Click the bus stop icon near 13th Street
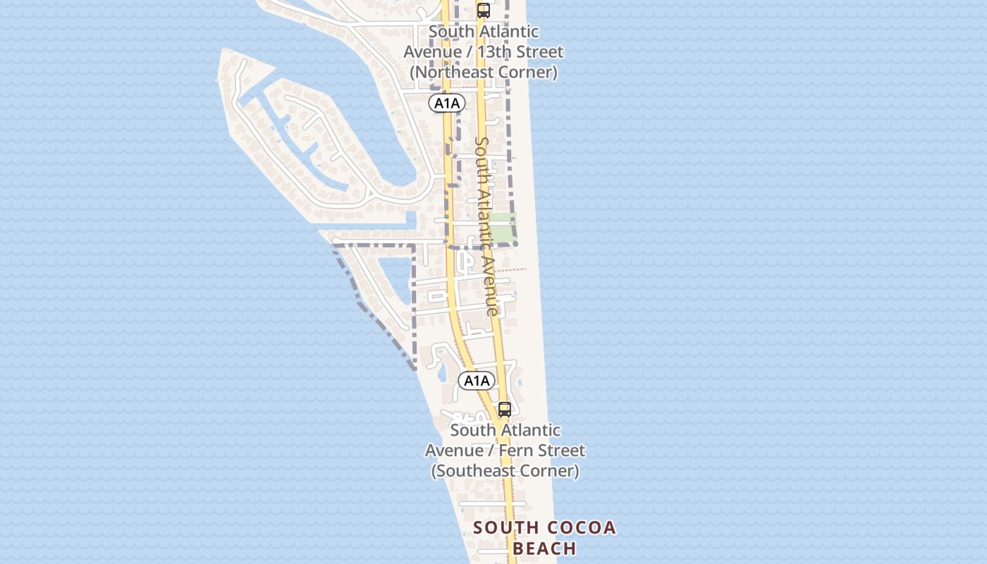point(484,11)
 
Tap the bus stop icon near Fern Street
point(505,410)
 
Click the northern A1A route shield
point(447,104)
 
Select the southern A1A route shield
point(477,381)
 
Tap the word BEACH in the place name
point(544,548)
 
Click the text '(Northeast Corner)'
point(484,72)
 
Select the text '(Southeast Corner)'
point(505,471)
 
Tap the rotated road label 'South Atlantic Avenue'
point(486,226)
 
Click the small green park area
point(503,227)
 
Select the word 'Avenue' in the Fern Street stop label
point(453,450)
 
